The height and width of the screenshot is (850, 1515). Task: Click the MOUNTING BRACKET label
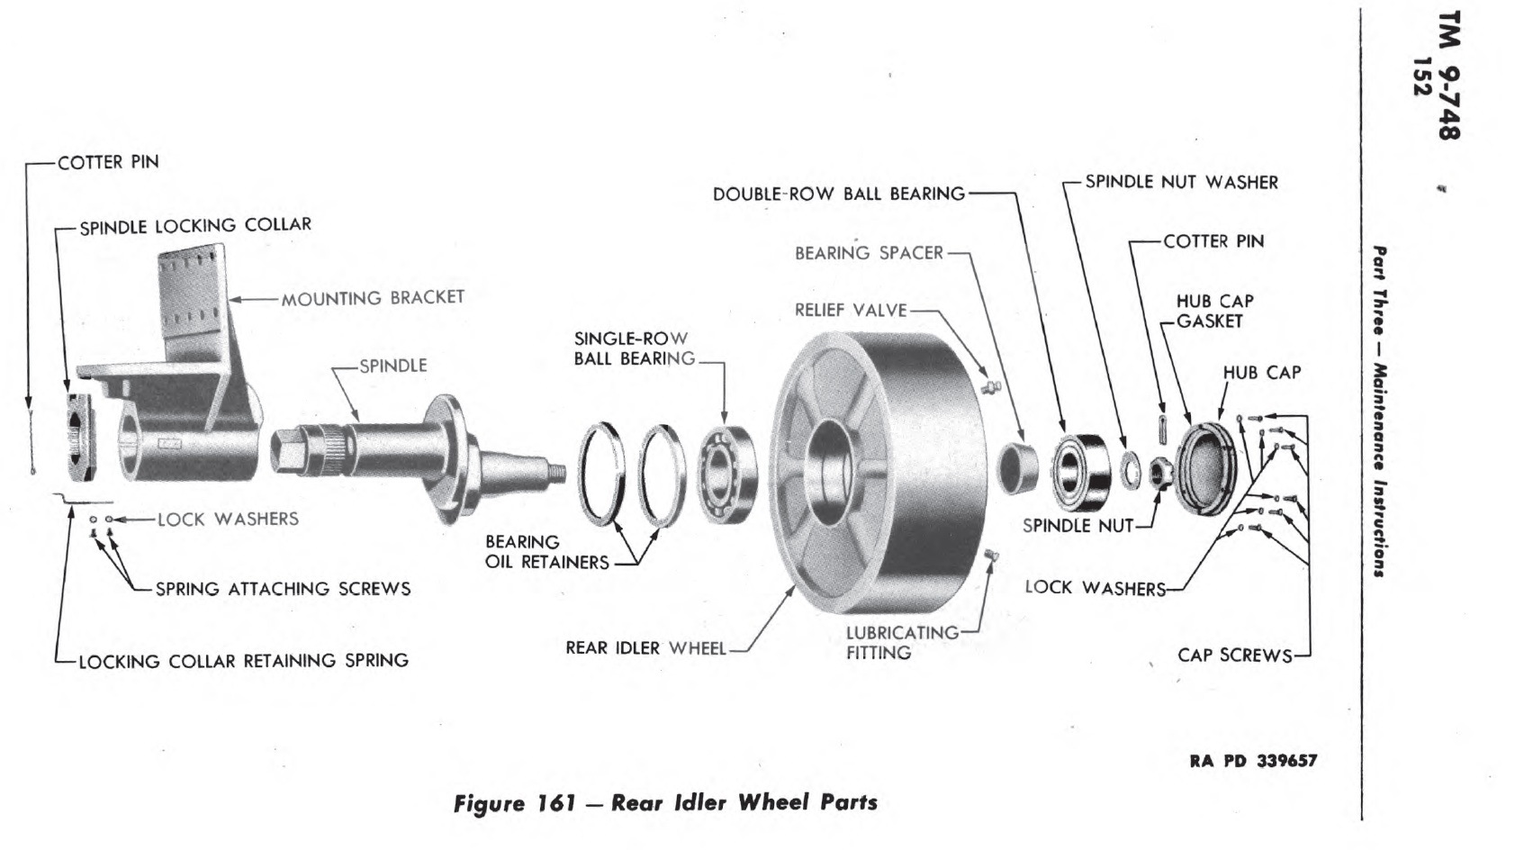coord(373,298)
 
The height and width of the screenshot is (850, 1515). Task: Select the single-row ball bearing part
coord(728,474)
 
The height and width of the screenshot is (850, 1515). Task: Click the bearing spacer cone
coord(1018,467)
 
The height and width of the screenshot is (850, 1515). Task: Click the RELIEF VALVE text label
coord(850,311)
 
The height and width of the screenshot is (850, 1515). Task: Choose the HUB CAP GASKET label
coord(1213,312)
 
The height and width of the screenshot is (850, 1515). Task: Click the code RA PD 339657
coord(1252,761)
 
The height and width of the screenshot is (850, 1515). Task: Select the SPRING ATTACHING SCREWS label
coord(283,589)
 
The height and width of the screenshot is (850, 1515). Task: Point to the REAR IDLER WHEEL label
coord(645,648)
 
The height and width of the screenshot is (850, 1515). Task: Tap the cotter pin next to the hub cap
coord(1162,428)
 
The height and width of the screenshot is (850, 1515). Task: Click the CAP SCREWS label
coord(1234,656)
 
